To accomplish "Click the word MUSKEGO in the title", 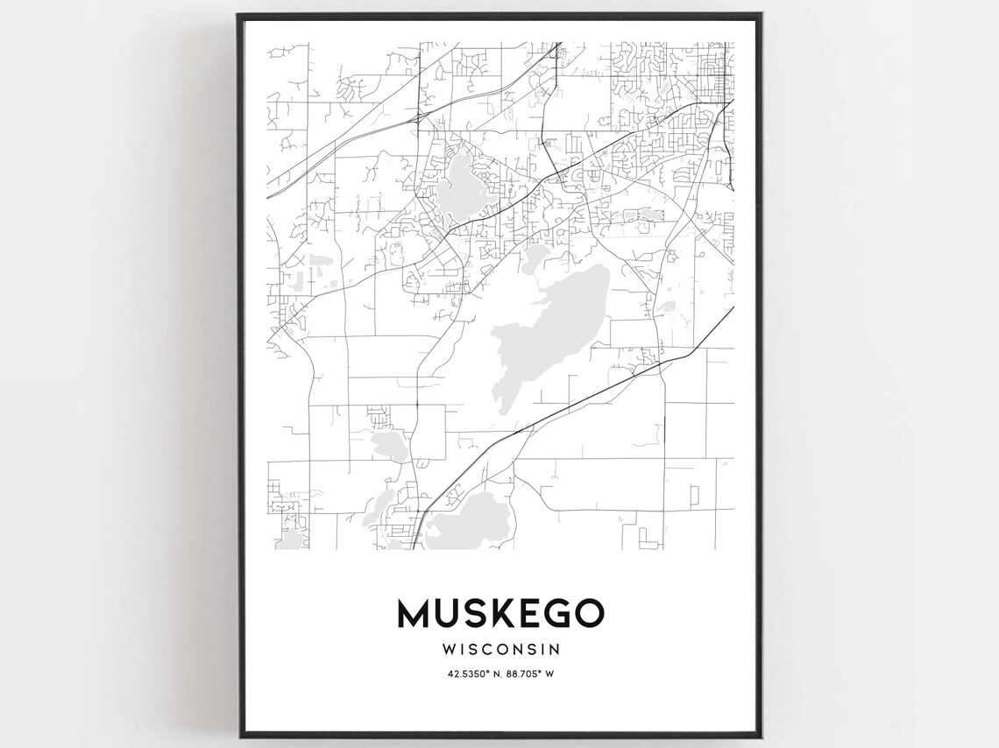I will (500, 613).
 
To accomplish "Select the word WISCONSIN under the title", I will (501, 650).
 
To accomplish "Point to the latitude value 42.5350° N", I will (469, 673).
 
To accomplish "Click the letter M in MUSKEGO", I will (413, 613).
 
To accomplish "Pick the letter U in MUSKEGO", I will (444, 613).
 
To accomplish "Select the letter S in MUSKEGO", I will (472, 613).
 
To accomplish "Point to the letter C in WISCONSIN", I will (493, 650).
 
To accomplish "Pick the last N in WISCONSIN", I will (554, 650).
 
